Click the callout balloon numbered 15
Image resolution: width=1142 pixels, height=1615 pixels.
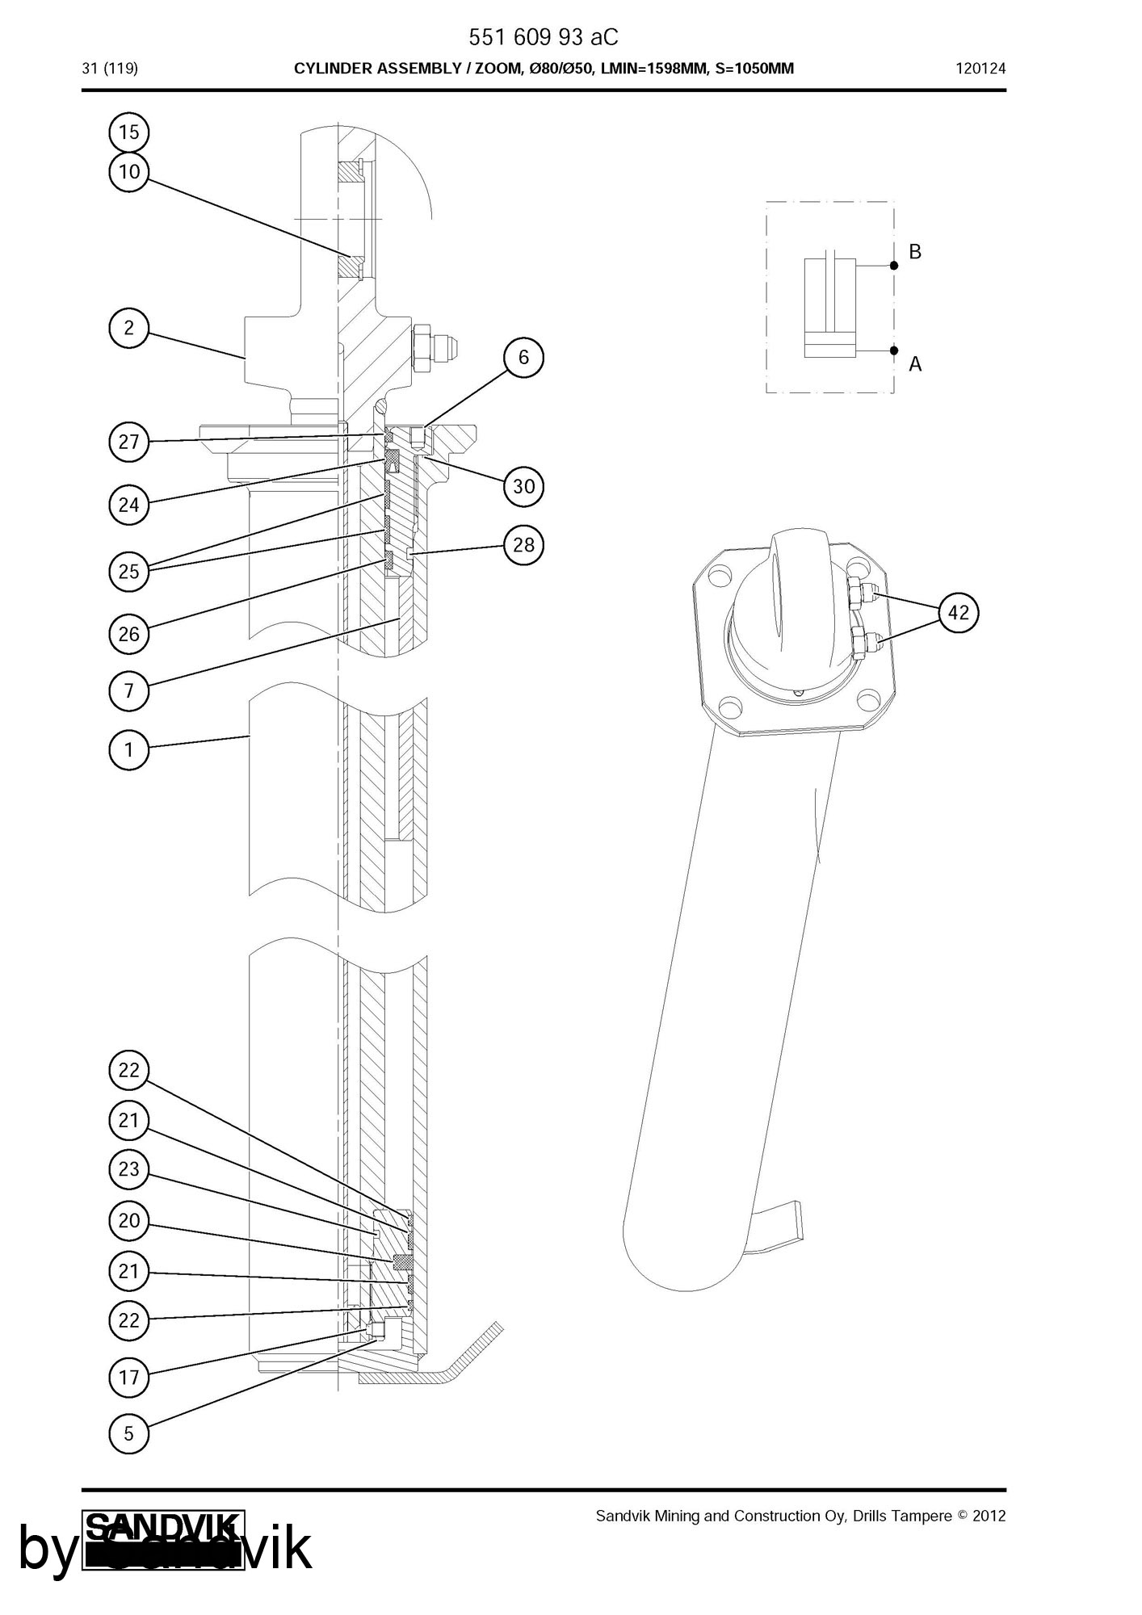click(128, 132)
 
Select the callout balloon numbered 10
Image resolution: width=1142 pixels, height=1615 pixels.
click(128, 172)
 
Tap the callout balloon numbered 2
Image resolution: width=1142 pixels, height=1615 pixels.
click(128, 328)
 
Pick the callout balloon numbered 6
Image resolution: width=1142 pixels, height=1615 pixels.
click(523, 357)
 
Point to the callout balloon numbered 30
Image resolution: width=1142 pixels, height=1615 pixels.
click(523, 486)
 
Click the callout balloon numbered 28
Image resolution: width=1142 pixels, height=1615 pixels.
click(523, 545)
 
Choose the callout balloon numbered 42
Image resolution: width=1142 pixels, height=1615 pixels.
click(958, 613)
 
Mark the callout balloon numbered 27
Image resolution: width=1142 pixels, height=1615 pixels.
click(128, 442)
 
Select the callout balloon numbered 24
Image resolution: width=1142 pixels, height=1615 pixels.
click(128, 505)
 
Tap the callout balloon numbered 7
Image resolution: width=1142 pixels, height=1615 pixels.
click(128, 691)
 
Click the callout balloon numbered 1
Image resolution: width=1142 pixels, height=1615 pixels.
click(128, 749)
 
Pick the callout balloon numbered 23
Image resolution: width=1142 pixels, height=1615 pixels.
click(128, 1169)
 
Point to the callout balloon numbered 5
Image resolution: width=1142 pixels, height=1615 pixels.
click(128, 1434)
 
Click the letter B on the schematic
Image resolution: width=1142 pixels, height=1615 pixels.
click(915, 252)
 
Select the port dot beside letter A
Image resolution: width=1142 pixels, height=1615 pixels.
click(894, 350)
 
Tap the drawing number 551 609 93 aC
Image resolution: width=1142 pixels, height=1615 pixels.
click(544, 38)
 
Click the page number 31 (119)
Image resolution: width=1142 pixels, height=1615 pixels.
click(110, 69)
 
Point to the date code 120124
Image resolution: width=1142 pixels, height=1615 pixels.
click(980, 69)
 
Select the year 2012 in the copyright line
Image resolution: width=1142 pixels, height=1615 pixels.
click(989, 1516)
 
